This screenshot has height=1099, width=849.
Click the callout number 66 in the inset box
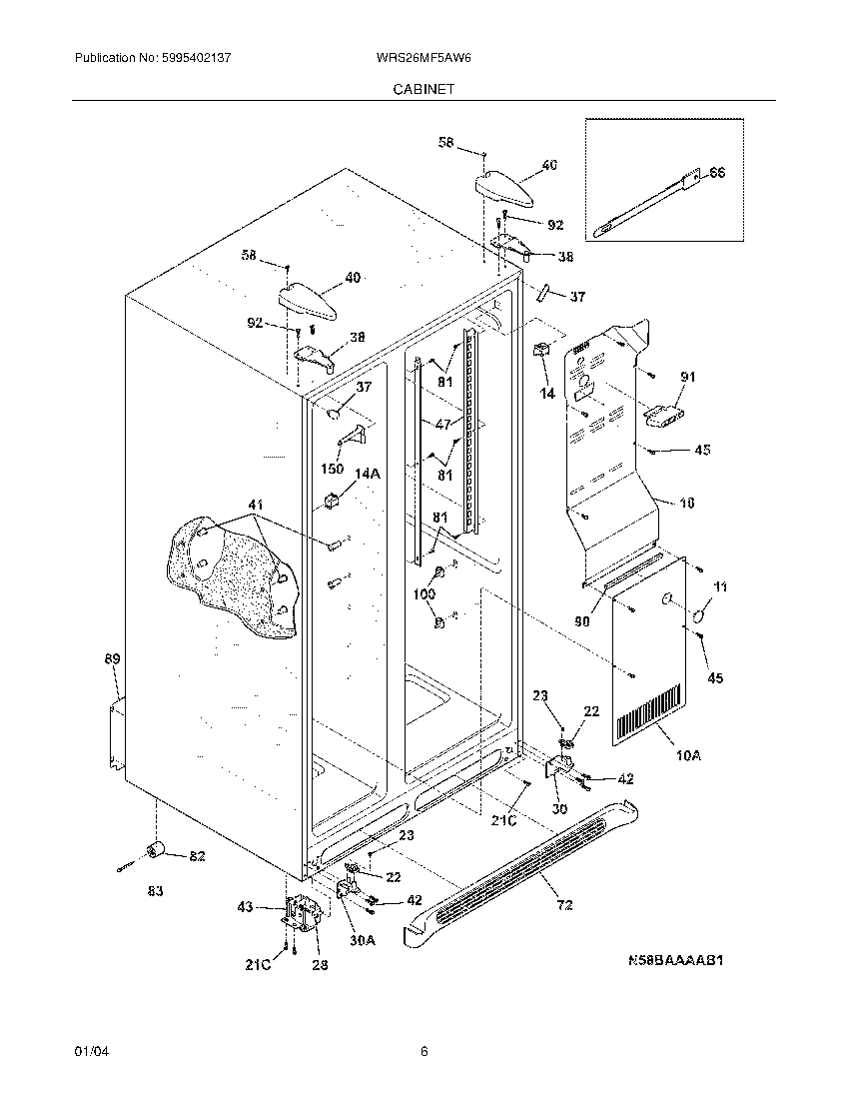716,174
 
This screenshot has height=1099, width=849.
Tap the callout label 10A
688,756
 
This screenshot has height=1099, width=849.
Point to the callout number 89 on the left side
112,659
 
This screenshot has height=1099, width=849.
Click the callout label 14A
368,475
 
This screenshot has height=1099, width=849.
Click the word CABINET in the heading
424,88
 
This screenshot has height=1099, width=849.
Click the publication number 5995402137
197,59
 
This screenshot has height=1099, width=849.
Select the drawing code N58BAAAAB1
674,961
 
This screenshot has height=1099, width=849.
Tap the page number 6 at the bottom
424,1051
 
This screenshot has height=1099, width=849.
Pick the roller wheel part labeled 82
156,850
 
